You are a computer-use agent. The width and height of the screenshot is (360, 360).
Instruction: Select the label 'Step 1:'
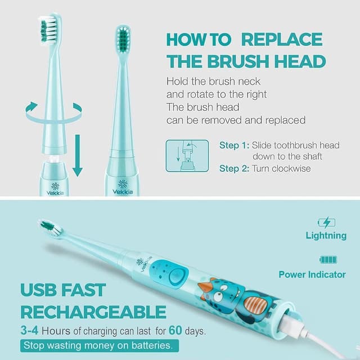[233, 145]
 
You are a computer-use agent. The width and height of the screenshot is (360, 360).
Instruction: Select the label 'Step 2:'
[233, 168]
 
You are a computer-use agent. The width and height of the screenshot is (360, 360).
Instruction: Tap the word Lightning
[326, 235]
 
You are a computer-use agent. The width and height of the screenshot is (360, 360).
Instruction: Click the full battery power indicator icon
[328, 259]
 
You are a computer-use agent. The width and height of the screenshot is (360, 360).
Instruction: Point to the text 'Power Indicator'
[312, 274]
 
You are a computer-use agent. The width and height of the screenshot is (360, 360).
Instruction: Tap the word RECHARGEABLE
[93, 312]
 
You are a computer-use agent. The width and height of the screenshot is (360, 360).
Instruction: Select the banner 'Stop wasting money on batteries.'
[101, 345]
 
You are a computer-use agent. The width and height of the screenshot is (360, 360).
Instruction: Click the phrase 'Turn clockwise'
[281, 168]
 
